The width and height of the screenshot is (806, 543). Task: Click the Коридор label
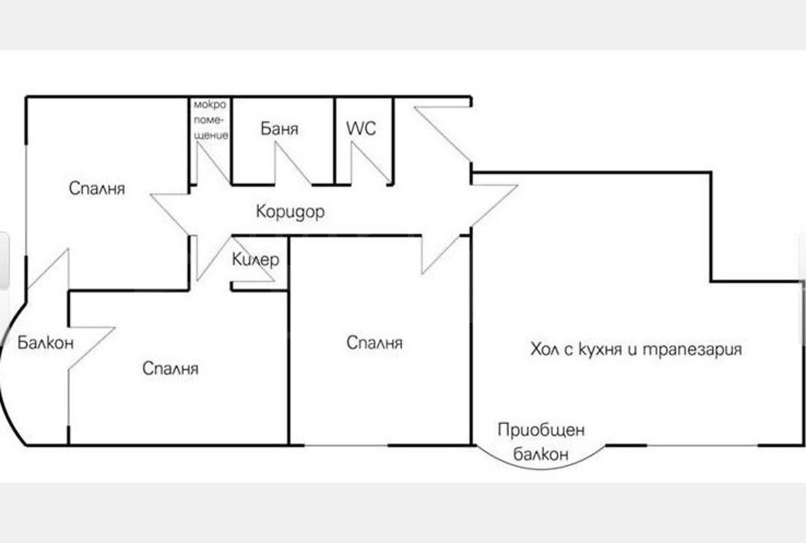290,211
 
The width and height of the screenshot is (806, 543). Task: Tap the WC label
361,128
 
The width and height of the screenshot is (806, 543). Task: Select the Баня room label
279,129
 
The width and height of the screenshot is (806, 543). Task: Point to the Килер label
255,260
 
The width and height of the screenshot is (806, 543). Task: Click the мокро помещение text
211,120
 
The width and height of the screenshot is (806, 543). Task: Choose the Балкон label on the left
45,343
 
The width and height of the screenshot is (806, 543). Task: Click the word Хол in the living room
545,349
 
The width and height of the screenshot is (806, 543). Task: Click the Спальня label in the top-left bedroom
97,188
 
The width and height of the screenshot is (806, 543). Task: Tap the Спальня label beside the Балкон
170,368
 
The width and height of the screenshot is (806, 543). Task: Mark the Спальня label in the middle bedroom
375,343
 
